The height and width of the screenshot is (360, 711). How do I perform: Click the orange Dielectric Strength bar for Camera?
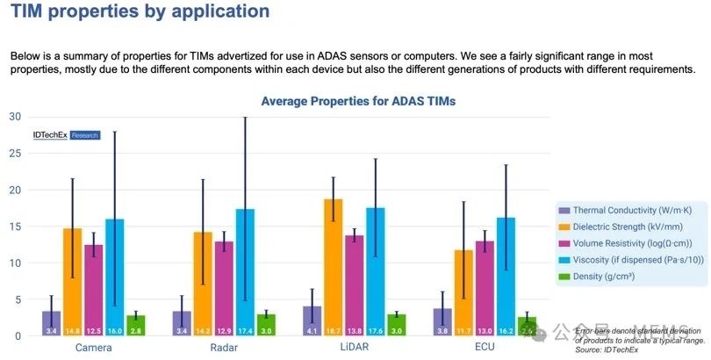pyautogui.click(x=72, y=282)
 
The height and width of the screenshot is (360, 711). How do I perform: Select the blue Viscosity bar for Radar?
pyautogui.click(x=246, y=272)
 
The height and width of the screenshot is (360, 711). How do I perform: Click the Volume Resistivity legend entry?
pyautogui.click(x=624, y=241)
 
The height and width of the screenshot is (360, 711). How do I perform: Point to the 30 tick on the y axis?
pyautogui.click(x=15, y=117)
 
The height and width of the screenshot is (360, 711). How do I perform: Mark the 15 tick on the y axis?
pyautogui.click(x=15, y=227)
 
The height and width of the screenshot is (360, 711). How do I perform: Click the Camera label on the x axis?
pyautogui.click(x=93, y=348)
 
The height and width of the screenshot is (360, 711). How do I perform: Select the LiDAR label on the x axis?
pyautogui.click(x=355, y=348)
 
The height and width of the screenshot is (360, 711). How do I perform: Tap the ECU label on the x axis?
pyautogui.click(x=485, y=348)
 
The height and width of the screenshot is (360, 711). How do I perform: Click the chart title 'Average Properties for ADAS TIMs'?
pyautogui.click(x=358, y=101)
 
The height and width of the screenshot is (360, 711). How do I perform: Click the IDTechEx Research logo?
pyautogui.click(x=66, y=135)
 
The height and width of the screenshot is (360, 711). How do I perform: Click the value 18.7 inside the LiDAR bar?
pyautogui.click(x=334, y=329)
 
